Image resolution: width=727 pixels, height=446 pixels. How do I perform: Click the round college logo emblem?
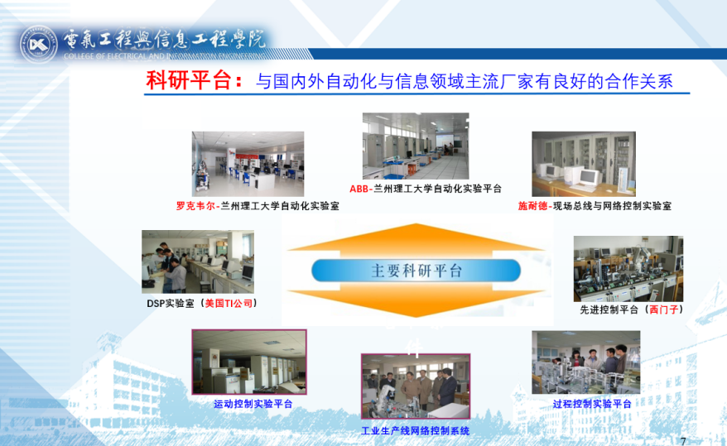38,45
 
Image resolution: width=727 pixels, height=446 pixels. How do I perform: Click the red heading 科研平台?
188,79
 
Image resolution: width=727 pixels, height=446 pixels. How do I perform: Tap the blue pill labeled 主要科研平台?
416,271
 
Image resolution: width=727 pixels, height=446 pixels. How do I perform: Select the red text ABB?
359,189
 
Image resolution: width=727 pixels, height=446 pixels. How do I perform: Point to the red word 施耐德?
532,206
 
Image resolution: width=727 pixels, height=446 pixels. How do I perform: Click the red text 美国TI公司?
229,304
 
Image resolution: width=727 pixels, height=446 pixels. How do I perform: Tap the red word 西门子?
663,309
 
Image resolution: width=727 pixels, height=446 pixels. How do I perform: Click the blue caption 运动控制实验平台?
253,404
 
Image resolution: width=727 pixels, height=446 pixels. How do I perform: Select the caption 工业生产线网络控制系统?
416,431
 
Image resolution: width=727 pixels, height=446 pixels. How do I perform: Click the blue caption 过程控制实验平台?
591,404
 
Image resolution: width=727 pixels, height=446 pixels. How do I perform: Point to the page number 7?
683,441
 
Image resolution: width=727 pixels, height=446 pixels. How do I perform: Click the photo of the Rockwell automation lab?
248,164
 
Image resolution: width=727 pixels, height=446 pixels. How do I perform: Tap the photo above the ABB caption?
416,146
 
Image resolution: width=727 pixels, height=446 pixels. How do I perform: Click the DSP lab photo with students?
198,261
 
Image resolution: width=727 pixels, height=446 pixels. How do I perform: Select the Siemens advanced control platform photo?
628,269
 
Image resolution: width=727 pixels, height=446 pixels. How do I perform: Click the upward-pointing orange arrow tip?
416,224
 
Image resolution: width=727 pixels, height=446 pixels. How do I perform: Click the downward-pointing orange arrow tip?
416,317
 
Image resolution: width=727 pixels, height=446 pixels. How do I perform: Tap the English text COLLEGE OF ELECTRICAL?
111,56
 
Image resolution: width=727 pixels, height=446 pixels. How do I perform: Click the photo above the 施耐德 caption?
584,164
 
